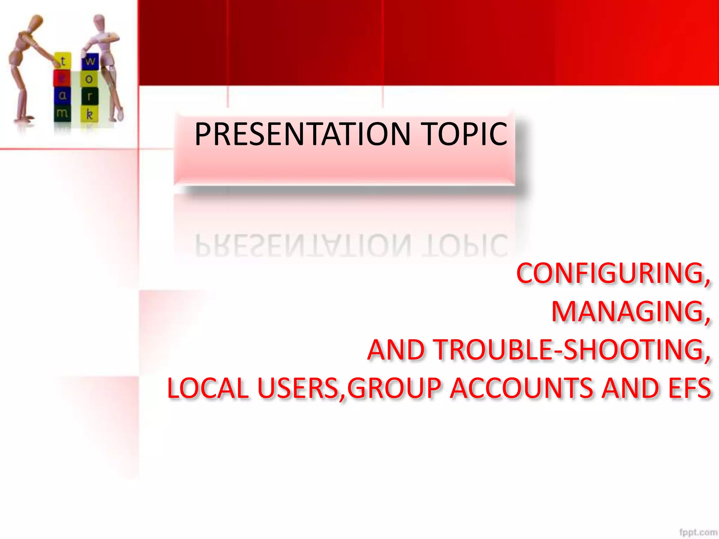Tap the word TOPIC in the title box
465,134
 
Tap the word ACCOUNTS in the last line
523,388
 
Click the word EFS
689,388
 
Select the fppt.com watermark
698,532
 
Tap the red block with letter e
62,78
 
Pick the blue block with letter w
90,61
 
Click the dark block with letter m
62,113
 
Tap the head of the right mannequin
99,22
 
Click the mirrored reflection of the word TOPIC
465,245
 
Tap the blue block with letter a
62,95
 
